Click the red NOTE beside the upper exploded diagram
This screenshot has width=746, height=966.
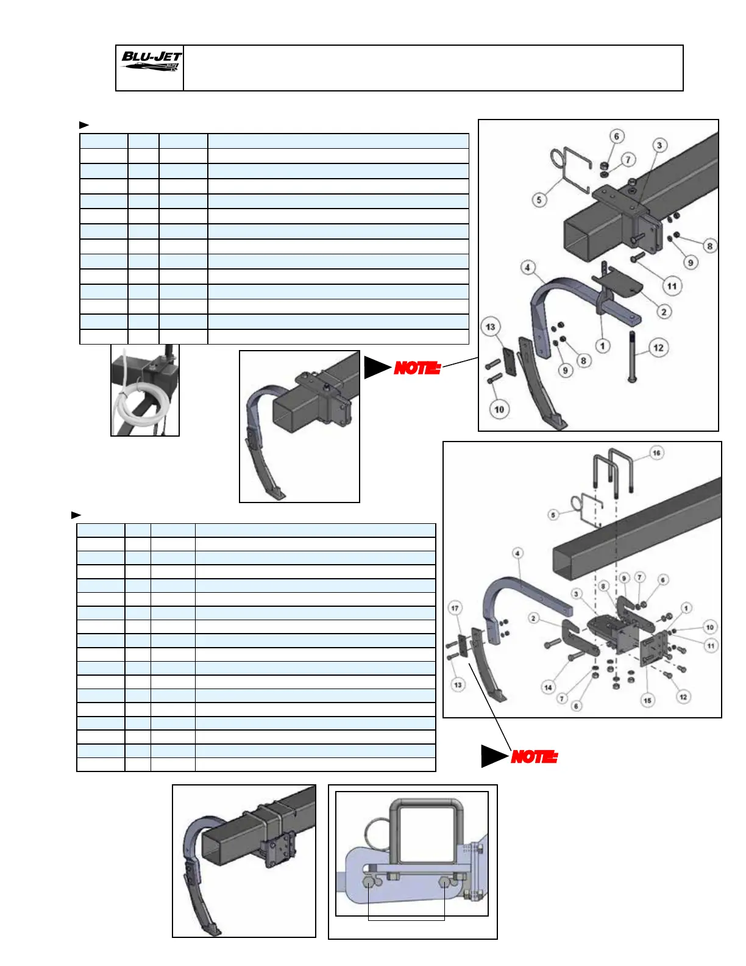coord(417,368)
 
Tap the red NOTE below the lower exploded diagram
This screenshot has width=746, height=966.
coord(534,757)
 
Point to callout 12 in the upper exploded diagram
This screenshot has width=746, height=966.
coord(658,348)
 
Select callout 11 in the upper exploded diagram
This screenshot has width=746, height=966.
coord(672,286)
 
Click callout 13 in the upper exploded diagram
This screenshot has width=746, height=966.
coord(491,326)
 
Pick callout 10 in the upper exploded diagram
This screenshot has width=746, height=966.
coord(499,409)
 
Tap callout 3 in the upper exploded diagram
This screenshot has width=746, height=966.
coord(659,145)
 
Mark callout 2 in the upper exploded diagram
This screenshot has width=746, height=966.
coord(664,312)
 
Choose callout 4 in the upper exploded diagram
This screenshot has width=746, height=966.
coord(528,267)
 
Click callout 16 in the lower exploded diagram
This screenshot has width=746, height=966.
coord(656,453)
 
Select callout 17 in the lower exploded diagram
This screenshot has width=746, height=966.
coord(455,608)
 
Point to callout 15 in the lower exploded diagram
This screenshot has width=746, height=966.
coord(647,701)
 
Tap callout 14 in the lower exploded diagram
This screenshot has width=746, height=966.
coord(548,687)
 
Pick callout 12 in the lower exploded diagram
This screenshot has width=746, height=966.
coord(683,697)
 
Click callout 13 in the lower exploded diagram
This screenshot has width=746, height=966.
coord(458,685)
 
